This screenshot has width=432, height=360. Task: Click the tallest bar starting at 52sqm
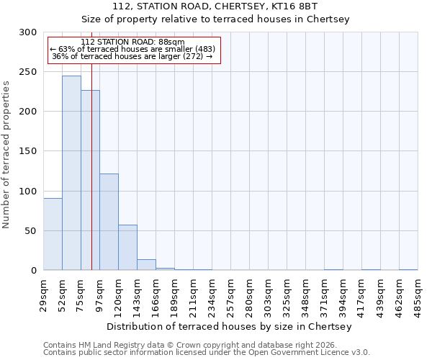point(71,173)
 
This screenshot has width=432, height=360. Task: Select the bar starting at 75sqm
point(90,180)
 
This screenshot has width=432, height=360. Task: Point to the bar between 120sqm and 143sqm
point(127,248)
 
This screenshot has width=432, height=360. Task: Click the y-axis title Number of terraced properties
point(6,154)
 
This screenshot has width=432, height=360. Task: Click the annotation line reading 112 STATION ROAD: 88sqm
point(132,42)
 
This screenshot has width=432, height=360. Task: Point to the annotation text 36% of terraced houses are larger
point(132,56)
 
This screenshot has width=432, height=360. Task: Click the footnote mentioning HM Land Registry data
point(201,345)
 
